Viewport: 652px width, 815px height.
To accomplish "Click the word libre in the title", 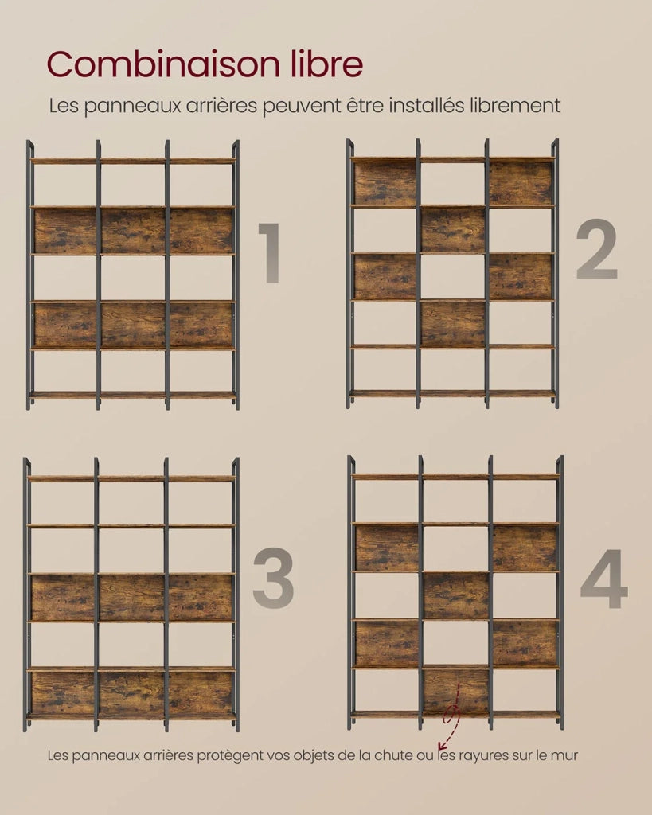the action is click(x=326, y=64).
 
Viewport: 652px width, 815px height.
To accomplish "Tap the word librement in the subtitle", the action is click(x=515, y=106).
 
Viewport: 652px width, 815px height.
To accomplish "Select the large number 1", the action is click(x=269, y=253).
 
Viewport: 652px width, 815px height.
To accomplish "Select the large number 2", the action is click(x=597, y=249).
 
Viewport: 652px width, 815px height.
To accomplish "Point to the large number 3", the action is click(x=273, y=578).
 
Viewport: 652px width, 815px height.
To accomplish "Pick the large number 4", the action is click(x=604, y=579).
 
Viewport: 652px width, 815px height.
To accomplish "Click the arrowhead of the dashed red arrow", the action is click(x=441, y=746).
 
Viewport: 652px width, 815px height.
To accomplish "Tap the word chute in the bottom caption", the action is click(x=397, y=755).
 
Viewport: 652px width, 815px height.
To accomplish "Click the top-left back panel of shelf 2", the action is click(x=385, y=183).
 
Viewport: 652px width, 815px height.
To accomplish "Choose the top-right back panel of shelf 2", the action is click(x=521, y=183).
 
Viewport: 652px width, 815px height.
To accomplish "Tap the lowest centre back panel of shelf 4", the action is click(x=455, y=691).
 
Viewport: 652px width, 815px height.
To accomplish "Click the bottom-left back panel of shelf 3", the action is click(x=63, y=693).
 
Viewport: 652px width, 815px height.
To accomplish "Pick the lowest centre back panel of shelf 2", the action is click(x=453, y=323).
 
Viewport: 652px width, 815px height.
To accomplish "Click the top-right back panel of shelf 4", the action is click(x=525, y=548).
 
